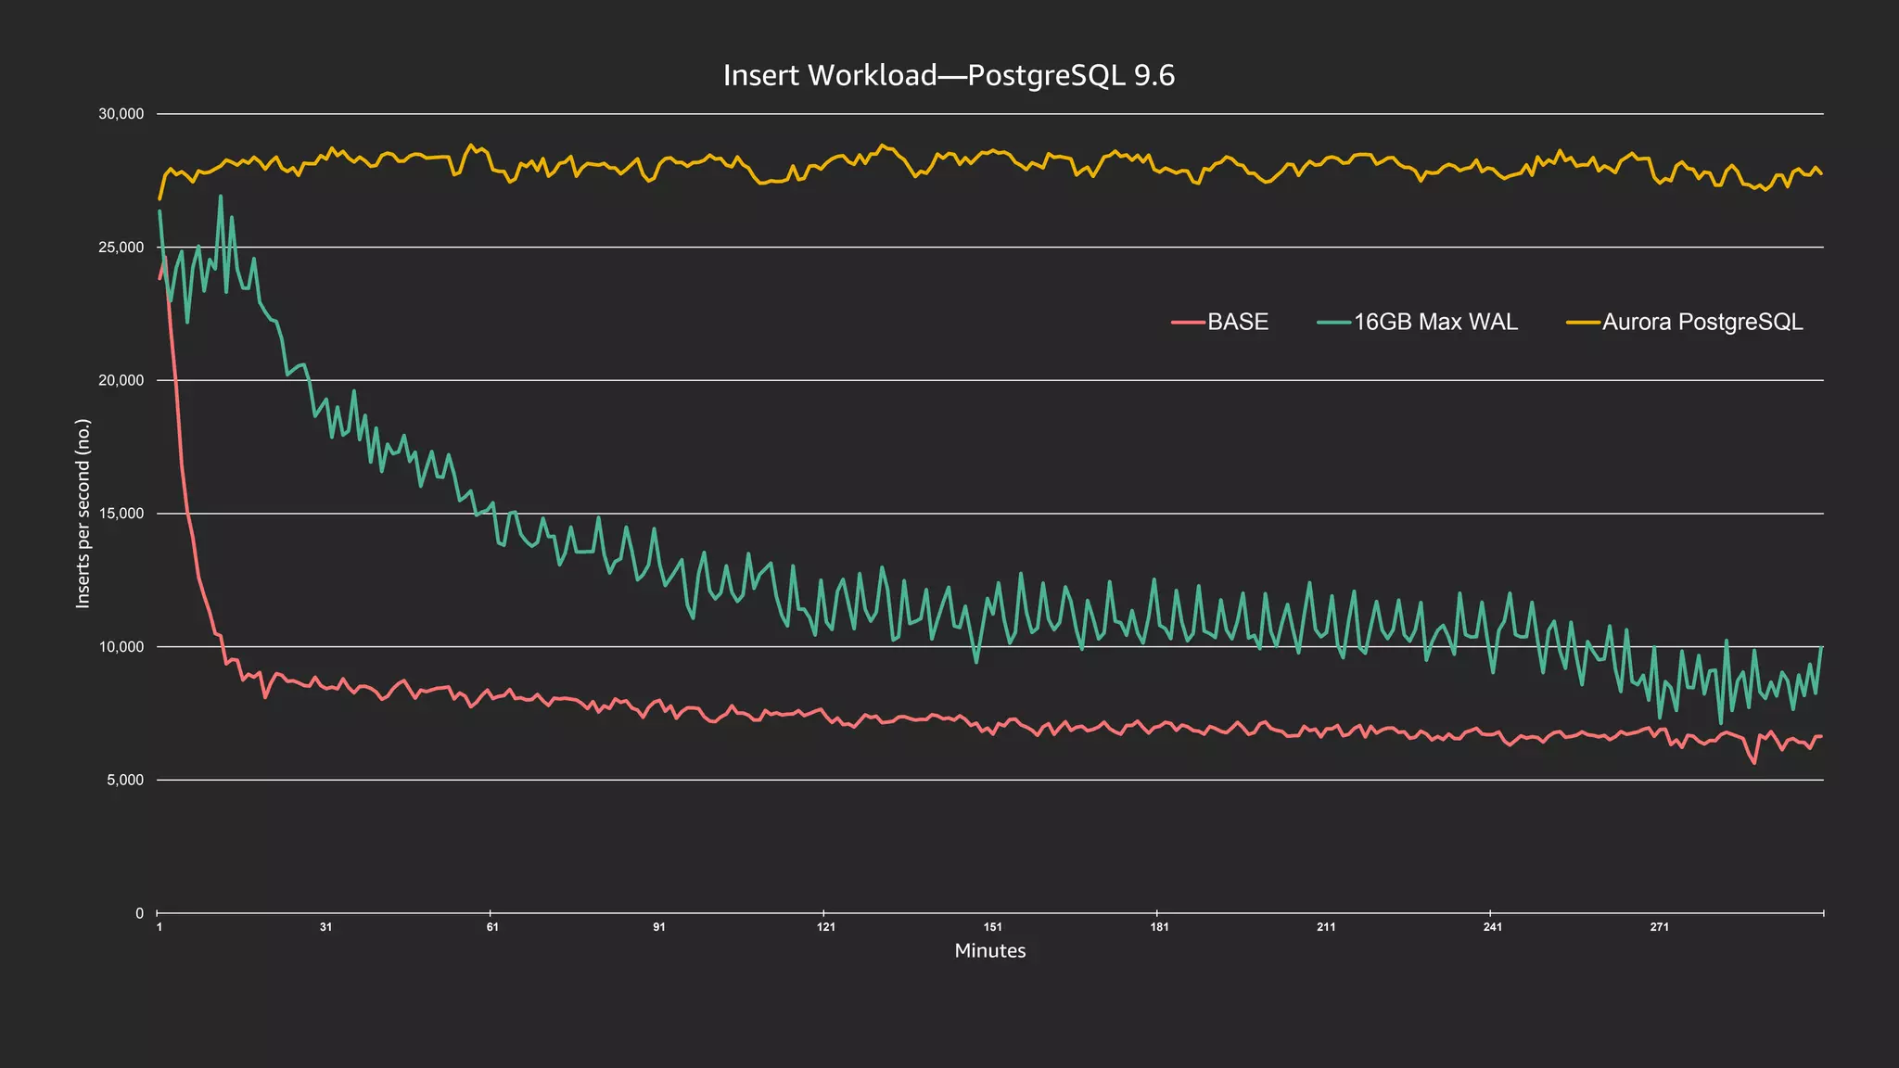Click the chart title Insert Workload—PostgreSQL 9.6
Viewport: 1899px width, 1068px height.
point(949,75)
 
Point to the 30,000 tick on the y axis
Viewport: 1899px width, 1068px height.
point(121,114)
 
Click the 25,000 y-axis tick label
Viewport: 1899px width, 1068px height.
point(121,248)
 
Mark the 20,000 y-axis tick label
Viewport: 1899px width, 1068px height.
point(121,380)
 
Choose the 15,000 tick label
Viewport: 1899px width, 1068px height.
point(121,514)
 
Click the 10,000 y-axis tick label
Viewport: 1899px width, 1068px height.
point(121,647)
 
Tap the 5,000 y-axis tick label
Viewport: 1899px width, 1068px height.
point(124,780)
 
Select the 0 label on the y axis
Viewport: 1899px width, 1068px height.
point(139,913)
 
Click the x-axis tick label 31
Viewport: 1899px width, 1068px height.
point(325,927)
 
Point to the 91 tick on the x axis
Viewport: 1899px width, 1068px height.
point(659,927)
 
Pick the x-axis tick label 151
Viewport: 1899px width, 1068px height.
point(992,927)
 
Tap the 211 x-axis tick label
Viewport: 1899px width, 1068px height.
point(1326,927)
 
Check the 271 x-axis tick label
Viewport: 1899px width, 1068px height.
point(1659,927)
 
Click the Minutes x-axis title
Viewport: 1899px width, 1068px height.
point(989,951)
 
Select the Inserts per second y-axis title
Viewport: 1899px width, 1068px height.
point(83,514)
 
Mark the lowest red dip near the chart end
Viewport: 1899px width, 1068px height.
point(1754,763)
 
